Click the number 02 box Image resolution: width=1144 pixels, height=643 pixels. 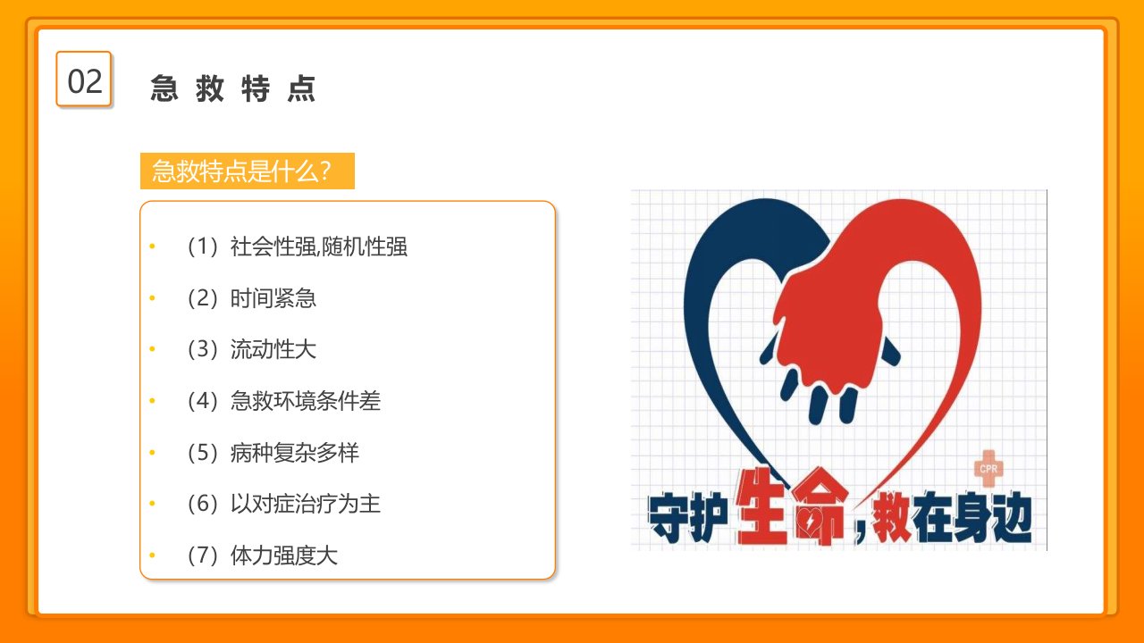coord(84,79)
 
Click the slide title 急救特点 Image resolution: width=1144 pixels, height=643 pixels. coord(233,88)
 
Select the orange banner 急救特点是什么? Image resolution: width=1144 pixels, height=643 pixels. coord(248,171)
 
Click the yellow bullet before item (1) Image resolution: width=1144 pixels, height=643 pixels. coord(152,246)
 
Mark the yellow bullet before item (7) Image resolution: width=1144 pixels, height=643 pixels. coord(152,555)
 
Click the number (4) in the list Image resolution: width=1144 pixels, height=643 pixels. coord(202,401)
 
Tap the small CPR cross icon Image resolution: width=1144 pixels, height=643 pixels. coord(988,469)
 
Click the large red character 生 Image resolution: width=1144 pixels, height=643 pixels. coord(761,505)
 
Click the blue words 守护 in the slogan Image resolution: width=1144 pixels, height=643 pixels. coord(687,517)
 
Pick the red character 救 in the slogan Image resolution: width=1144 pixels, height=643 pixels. coord(891,516)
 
